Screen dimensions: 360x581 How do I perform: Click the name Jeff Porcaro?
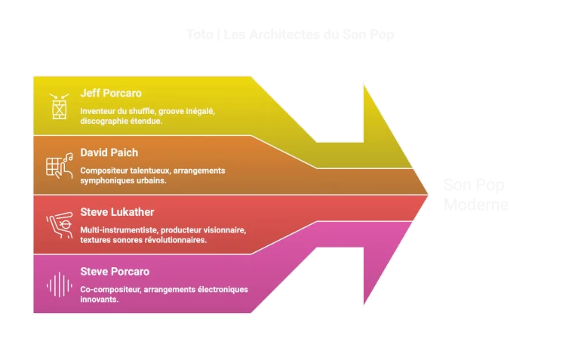tap(110, 94)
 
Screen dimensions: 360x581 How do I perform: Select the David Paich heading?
tap(109, 153)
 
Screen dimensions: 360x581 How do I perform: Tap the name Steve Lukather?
tap(117, 212)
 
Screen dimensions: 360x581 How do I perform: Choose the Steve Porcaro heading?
tap(115, 272)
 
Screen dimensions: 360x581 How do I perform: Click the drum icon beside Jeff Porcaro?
tap(58, 107)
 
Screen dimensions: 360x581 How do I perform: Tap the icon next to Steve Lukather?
tap(59, 224)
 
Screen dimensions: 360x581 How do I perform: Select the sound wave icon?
tap(59, 284)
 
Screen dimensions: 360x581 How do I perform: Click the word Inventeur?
tap(98, 111)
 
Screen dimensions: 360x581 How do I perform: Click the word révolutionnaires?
tap(176, 239)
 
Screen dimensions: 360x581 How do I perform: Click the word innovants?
tap(99, 299)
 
